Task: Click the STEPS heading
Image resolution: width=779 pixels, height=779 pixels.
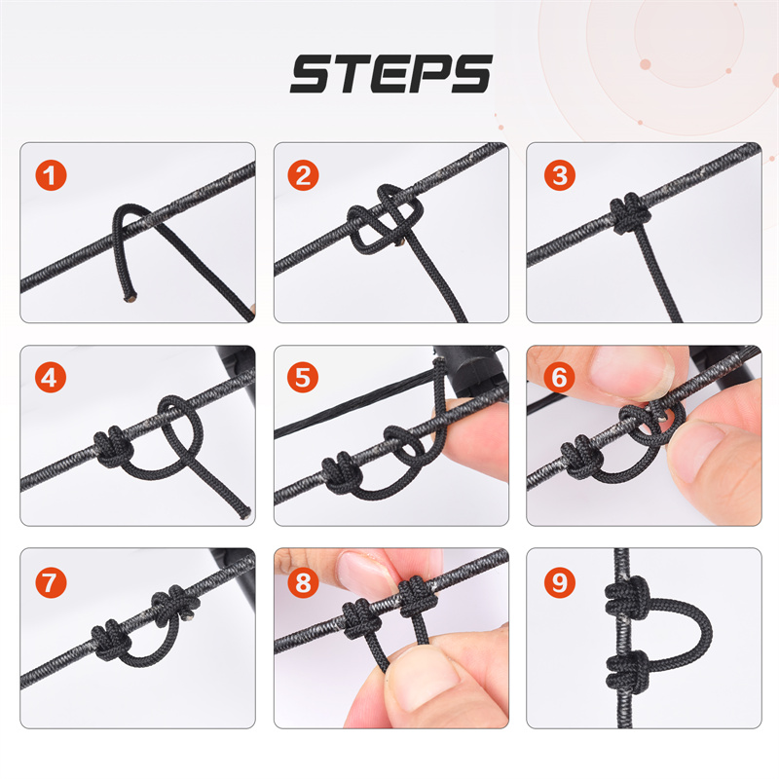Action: click(x=391, y=74)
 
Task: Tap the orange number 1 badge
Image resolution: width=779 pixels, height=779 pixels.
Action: click(x=51, y=175)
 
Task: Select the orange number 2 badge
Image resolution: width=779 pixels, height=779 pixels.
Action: click(x=303, y=175)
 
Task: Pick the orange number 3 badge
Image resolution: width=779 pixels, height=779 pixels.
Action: click(x=559, y=175)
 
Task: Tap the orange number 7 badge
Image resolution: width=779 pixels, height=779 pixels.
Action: click(x=51, y=582)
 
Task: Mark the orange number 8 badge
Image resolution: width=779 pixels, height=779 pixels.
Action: click(x=303, y=582)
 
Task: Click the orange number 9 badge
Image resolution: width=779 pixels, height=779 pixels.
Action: click(x=559, y=582)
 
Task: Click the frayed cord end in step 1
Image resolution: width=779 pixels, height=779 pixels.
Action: click(x=130, y=298)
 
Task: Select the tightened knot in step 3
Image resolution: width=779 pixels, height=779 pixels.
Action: click(x=630, y=212)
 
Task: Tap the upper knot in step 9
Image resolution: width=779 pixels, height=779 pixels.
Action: click(x=627, y=598)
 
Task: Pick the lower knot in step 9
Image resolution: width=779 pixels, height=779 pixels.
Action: click(x=627, y=669)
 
